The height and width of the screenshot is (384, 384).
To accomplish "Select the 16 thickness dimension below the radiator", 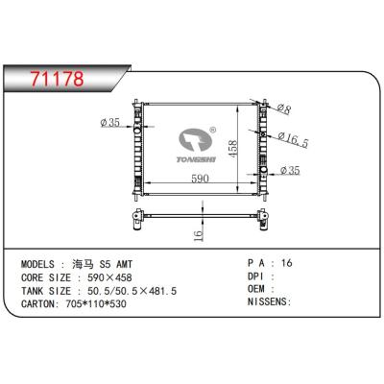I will click(x=197, y=234).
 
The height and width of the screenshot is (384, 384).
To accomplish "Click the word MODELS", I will click(x=41, y=262).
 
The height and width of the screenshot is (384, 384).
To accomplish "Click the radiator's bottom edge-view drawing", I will click(x=200, y=211).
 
